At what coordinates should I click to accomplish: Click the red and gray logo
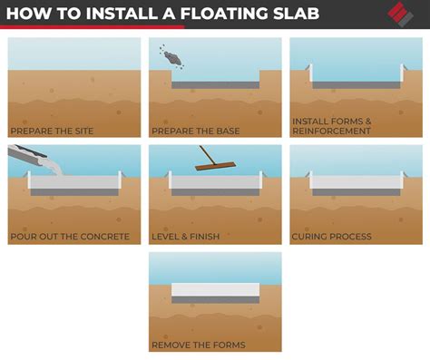(x=400, y=15)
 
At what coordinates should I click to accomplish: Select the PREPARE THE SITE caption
(x=52, y=131)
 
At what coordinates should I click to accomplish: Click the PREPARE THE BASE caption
(x=196, y=131)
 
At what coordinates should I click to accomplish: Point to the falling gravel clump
(x=172, y=58)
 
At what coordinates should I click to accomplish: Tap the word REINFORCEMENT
(x=331, y=131)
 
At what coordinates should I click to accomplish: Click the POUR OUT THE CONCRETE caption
(x=70, y=237)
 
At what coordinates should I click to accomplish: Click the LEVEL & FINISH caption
(x=186, y=237)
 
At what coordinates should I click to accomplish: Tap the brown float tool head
(x=215, y=166)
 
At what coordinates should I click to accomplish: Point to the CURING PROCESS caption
(x=332, y=237)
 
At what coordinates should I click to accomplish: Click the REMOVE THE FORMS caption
(x=199, y=345)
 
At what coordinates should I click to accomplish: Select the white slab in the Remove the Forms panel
(x=216, y=289)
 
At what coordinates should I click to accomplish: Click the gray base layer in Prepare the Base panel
(x=216, y=85)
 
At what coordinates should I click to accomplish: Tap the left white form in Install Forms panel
(x=310, y=73)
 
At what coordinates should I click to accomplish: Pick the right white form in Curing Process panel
(x=402, y=180)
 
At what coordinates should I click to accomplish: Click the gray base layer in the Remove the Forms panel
(x=216, y=300)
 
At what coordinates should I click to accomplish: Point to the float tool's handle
(x=208, y=155)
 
